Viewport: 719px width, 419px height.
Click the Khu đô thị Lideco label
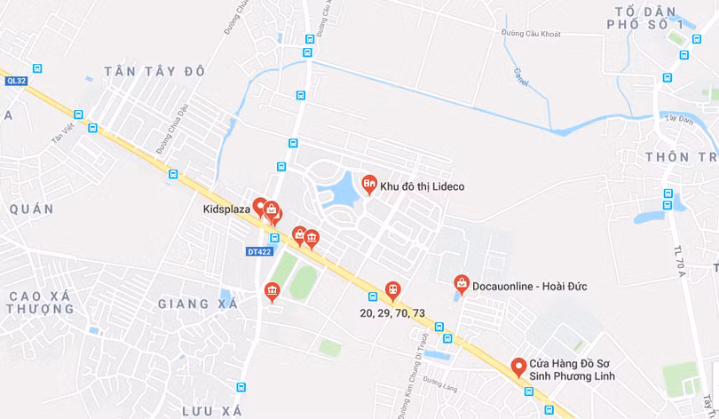point(422,187)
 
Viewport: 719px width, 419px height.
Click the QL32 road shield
point(17,81)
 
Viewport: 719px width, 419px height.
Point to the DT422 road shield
point(259,251)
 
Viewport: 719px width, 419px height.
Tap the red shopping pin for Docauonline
point(462,283)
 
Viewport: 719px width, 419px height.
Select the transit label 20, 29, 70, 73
point(392,313)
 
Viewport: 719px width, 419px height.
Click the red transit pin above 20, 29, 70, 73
point(392,289)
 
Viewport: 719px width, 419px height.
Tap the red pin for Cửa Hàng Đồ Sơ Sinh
point(518,367)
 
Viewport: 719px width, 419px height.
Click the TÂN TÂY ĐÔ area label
point(154,71)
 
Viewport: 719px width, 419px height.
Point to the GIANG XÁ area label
point(198,304)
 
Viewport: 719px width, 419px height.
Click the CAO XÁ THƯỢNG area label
point(40,302)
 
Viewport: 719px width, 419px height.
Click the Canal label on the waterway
point(520,77)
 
